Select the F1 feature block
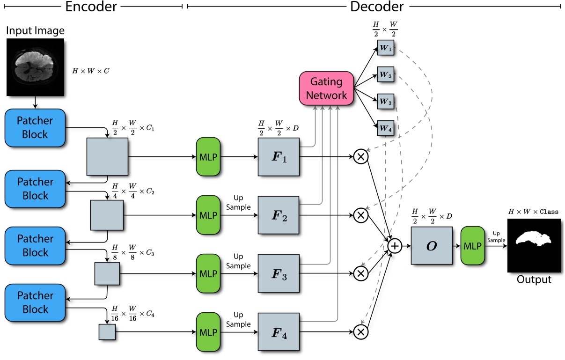coord(279,157)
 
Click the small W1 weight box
coord(386,47)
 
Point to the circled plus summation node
coord(395,245)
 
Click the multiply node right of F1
coord(361,157)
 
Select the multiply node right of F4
coord(361,331)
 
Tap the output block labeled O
coord(432,245)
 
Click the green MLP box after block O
coord(472,245)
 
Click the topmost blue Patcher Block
coord(36,127)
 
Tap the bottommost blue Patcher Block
coord(36,302)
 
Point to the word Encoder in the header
coord(91,6)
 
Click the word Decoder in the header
coord(375,6)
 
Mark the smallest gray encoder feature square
coord(107,331)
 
